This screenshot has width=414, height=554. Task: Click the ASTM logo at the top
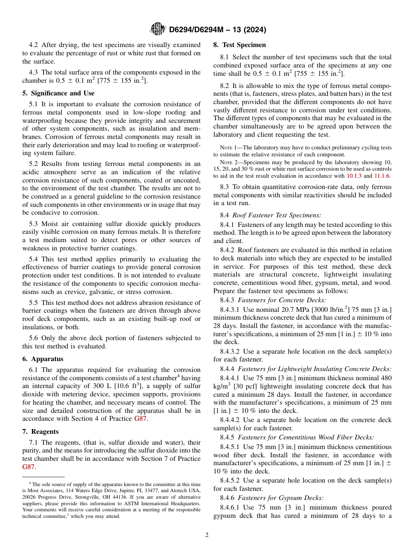[157, 29]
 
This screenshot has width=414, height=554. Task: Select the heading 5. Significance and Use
[58, 93]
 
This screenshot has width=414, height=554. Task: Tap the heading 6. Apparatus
[43, 359]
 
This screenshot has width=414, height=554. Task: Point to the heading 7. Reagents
[41, 432]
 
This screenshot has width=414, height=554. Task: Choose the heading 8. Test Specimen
[239, 45]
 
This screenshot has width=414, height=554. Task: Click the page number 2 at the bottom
[207, 535]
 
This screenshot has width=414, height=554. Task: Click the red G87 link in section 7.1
[28, 467]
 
